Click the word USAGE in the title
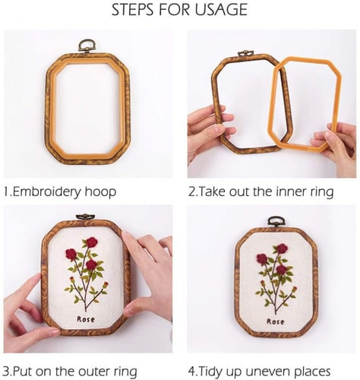click(221, 10)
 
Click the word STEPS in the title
click(133, 10)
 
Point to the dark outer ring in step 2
click(215, 101)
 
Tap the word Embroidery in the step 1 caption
click(47, 192)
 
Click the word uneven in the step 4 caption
click(268, 372)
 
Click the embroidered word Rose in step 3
click(86, 319)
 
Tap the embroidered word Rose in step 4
click(276, 321)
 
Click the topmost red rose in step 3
click(92, 242)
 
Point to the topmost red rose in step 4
click(282, 249)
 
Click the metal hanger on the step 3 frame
click(86, 217)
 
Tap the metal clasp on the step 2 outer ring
click(245, 53)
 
